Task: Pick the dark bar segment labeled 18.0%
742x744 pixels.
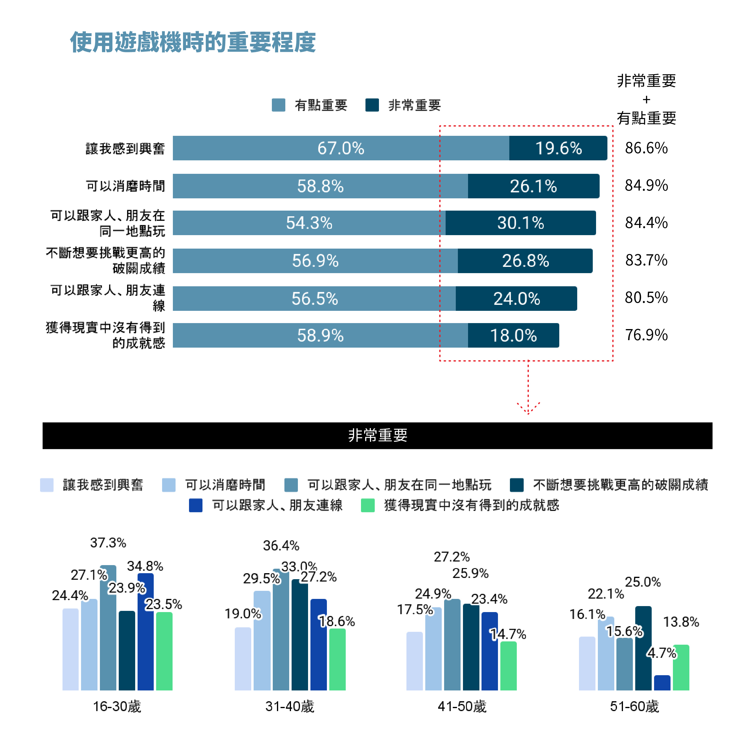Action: pos(513,335)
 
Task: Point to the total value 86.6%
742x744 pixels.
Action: pos(646,148)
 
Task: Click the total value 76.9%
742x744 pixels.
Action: pos(646,335)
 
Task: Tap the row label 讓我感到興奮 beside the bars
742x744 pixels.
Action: pos(125,148)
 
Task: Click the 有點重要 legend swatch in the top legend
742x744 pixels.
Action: pos(278,105)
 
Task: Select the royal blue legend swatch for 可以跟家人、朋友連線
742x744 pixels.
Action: pos(196,505)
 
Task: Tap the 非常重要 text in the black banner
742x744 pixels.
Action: pos(377,435)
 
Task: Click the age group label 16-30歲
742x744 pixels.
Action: pos(117,706)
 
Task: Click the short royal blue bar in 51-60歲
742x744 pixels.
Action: pos(662,682)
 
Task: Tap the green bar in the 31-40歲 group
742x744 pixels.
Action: pos(337,659)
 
